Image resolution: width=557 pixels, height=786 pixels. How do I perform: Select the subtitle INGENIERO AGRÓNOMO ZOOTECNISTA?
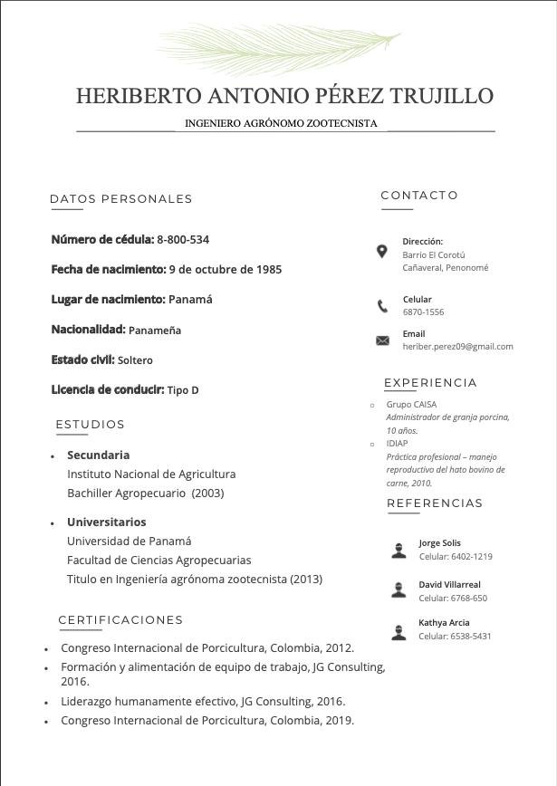point(281,123)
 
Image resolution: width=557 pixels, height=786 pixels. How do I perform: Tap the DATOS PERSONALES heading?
point(120,199)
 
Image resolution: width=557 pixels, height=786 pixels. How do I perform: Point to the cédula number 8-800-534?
point(183,240)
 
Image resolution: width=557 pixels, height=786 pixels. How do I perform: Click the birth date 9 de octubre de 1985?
point(225,270)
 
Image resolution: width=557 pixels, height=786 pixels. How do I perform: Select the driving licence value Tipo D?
point(183,390)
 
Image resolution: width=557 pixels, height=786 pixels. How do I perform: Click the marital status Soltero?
point(135,360)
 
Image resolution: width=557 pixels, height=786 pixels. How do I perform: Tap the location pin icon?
point(382,252)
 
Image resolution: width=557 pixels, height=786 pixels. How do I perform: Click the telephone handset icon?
point(382,306)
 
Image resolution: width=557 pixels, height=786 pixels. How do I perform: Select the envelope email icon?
point(382,340)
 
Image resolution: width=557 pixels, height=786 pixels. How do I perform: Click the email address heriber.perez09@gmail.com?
point(457,347)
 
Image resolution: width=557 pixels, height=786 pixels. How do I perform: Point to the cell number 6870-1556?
point(423,312)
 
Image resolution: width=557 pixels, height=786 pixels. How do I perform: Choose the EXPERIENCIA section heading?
point(430,383)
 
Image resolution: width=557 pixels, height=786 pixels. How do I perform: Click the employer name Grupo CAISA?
point(411,405)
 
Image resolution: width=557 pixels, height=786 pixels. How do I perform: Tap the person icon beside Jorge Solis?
point(399,550)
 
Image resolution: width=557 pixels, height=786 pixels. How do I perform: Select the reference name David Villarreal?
point(449,585)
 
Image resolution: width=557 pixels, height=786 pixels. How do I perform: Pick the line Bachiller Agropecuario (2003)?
point(145,494)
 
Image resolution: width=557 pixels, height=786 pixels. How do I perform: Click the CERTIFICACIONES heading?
point(120,620)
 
